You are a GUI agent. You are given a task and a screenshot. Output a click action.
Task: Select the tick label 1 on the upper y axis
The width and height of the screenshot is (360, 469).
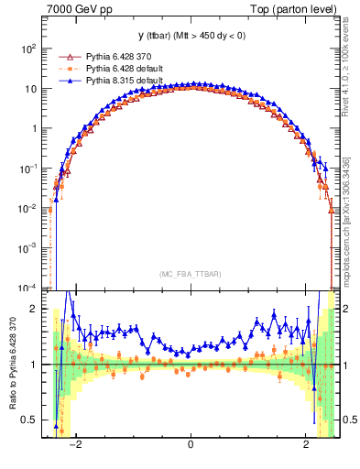[x=35, y=129]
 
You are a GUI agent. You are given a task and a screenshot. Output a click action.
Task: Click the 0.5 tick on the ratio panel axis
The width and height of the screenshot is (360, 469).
[x=31, y=420]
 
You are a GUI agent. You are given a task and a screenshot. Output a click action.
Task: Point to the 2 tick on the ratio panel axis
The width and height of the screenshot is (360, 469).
[x=36, y=310]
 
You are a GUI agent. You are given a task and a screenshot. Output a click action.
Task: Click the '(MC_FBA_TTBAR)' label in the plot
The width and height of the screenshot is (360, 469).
[x=191, y=274]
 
